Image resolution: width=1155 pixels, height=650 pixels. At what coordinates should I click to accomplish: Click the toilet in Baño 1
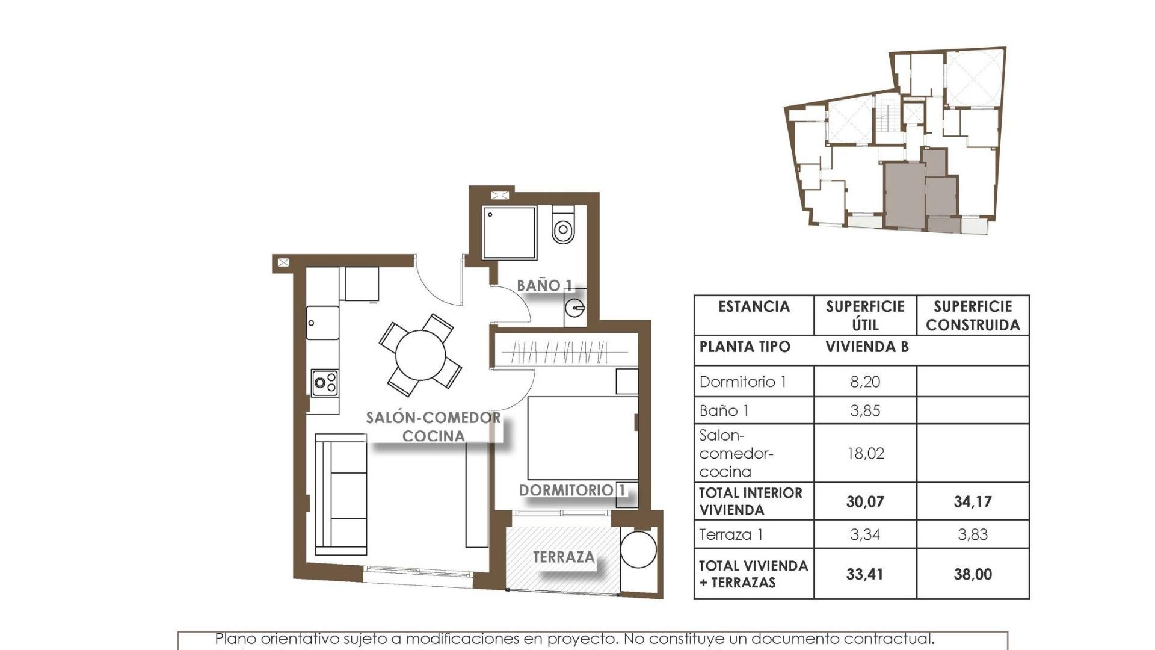563,226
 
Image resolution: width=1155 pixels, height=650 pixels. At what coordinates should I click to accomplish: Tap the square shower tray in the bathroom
509,233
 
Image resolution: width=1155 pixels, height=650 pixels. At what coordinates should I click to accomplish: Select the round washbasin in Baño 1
574,308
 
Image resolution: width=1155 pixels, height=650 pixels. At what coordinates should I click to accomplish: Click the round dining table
420,355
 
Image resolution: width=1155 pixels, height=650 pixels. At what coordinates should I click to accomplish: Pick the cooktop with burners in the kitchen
325,383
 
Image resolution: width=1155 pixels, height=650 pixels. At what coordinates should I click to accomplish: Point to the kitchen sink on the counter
322,323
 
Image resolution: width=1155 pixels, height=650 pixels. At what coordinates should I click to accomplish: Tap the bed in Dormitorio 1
582,438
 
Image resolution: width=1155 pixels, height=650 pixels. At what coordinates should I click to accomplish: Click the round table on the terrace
638,549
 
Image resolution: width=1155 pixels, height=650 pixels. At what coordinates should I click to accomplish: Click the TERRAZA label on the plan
564,557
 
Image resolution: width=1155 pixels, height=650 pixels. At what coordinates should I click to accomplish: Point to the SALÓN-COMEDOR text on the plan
433,418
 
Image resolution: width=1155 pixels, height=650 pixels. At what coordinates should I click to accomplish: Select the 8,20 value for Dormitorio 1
865,382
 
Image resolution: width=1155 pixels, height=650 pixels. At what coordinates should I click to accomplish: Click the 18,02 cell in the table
865,453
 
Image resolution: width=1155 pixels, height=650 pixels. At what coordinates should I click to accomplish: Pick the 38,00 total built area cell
972,574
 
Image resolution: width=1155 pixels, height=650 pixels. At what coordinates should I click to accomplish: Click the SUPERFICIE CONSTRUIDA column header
972,315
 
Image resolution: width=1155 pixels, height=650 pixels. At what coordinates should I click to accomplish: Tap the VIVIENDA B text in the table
867,347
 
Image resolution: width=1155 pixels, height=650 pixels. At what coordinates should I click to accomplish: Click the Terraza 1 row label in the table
731,534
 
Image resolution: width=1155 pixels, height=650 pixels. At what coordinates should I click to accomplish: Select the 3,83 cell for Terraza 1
972,534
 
